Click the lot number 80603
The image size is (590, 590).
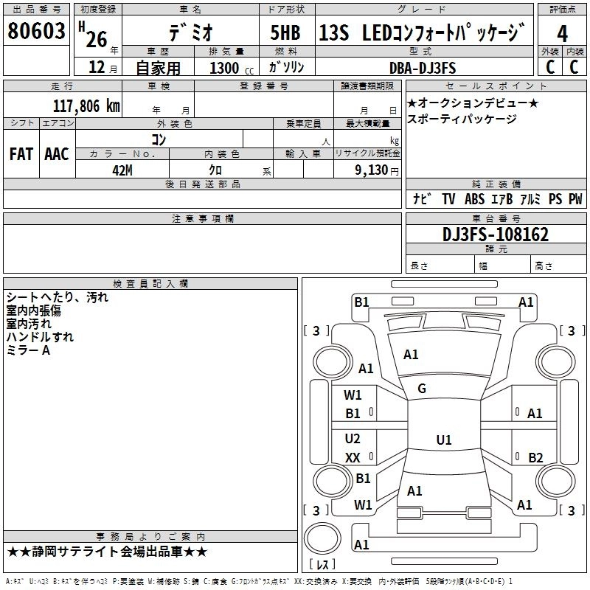click(36, 32)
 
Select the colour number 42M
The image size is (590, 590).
click(122, 170)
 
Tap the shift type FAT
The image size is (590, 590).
click(21, 153)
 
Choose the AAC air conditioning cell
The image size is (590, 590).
click(56, 153)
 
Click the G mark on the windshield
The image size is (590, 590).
click(422, 389)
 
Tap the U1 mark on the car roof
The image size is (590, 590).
click(443, 440)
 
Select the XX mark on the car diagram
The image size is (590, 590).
click(353, 458)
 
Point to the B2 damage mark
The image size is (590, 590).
click(535, 458)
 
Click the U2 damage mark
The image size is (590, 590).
click(353, 439)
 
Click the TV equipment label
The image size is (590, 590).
click(448, 199)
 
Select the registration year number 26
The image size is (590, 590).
click(97, 35)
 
